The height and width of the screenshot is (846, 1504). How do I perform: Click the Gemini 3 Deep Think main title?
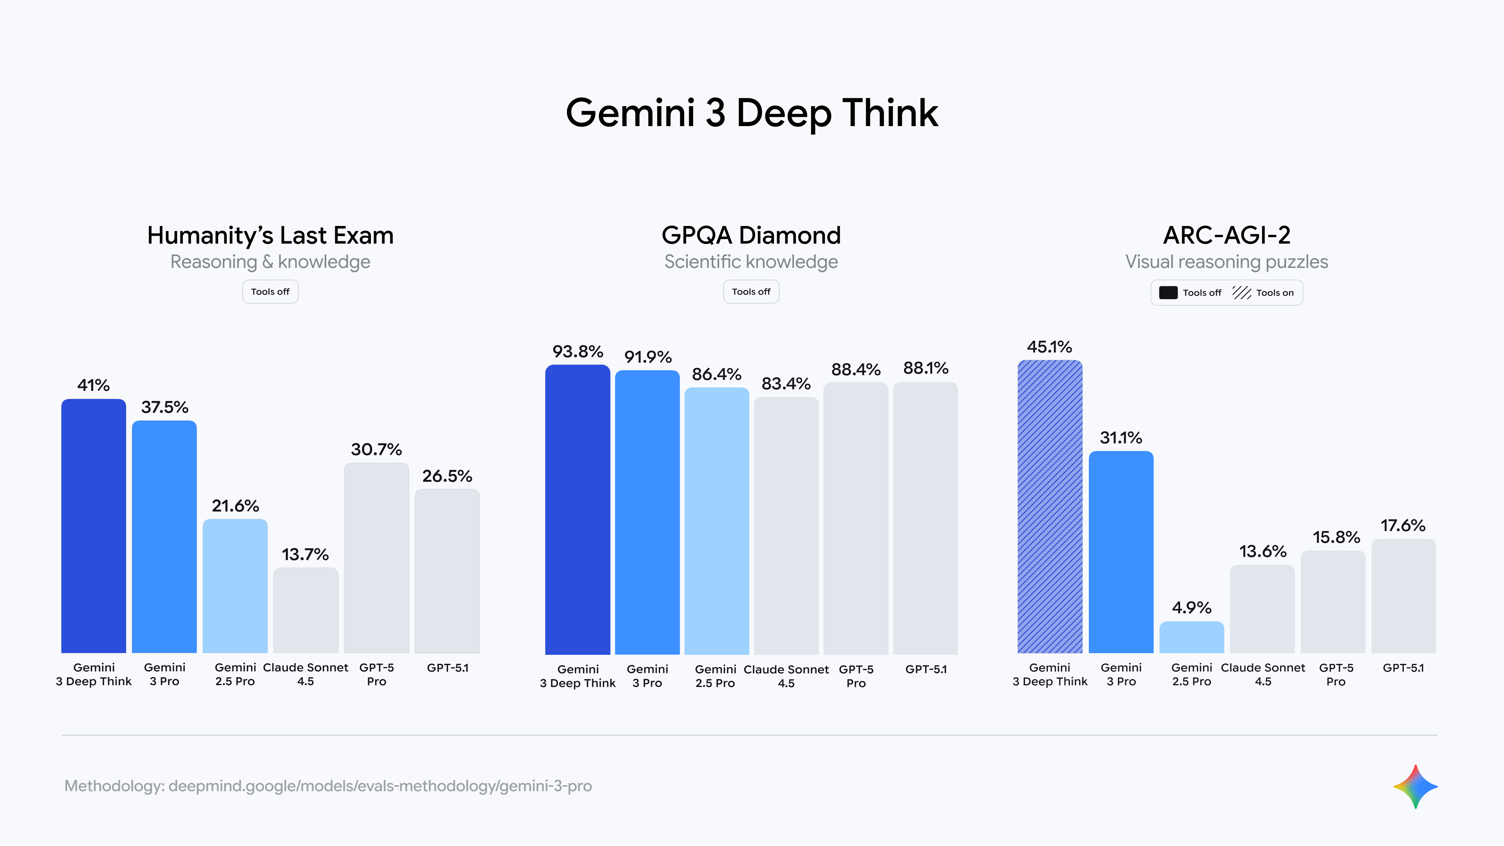tap(752, 113)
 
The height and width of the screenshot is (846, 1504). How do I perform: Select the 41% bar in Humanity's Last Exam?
tap(94, 526)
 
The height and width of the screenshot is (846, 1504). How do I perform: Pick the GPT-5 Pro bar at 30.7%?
tap(376, 558)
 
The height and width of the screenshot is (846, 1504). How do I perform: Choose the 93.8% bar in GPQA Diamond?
tap(577, 509)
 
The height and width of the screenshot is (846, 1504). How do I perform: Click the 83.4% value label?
tap(786, 383)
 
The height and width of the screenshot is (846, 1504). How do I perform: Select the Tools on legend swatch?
tap(1241, 293)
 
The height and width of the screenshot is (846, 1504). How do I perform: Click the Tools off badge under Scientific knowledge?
tap(751, 291)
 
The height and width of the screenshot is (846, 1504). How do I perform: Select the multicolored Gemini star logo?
tap(1415, 786)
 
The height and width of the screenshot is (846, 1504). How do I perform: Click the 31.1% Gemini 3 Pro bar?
tap(1121, 552)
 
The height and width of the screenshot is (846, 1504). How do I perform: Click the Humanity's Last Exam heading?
tap(270, 235)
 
